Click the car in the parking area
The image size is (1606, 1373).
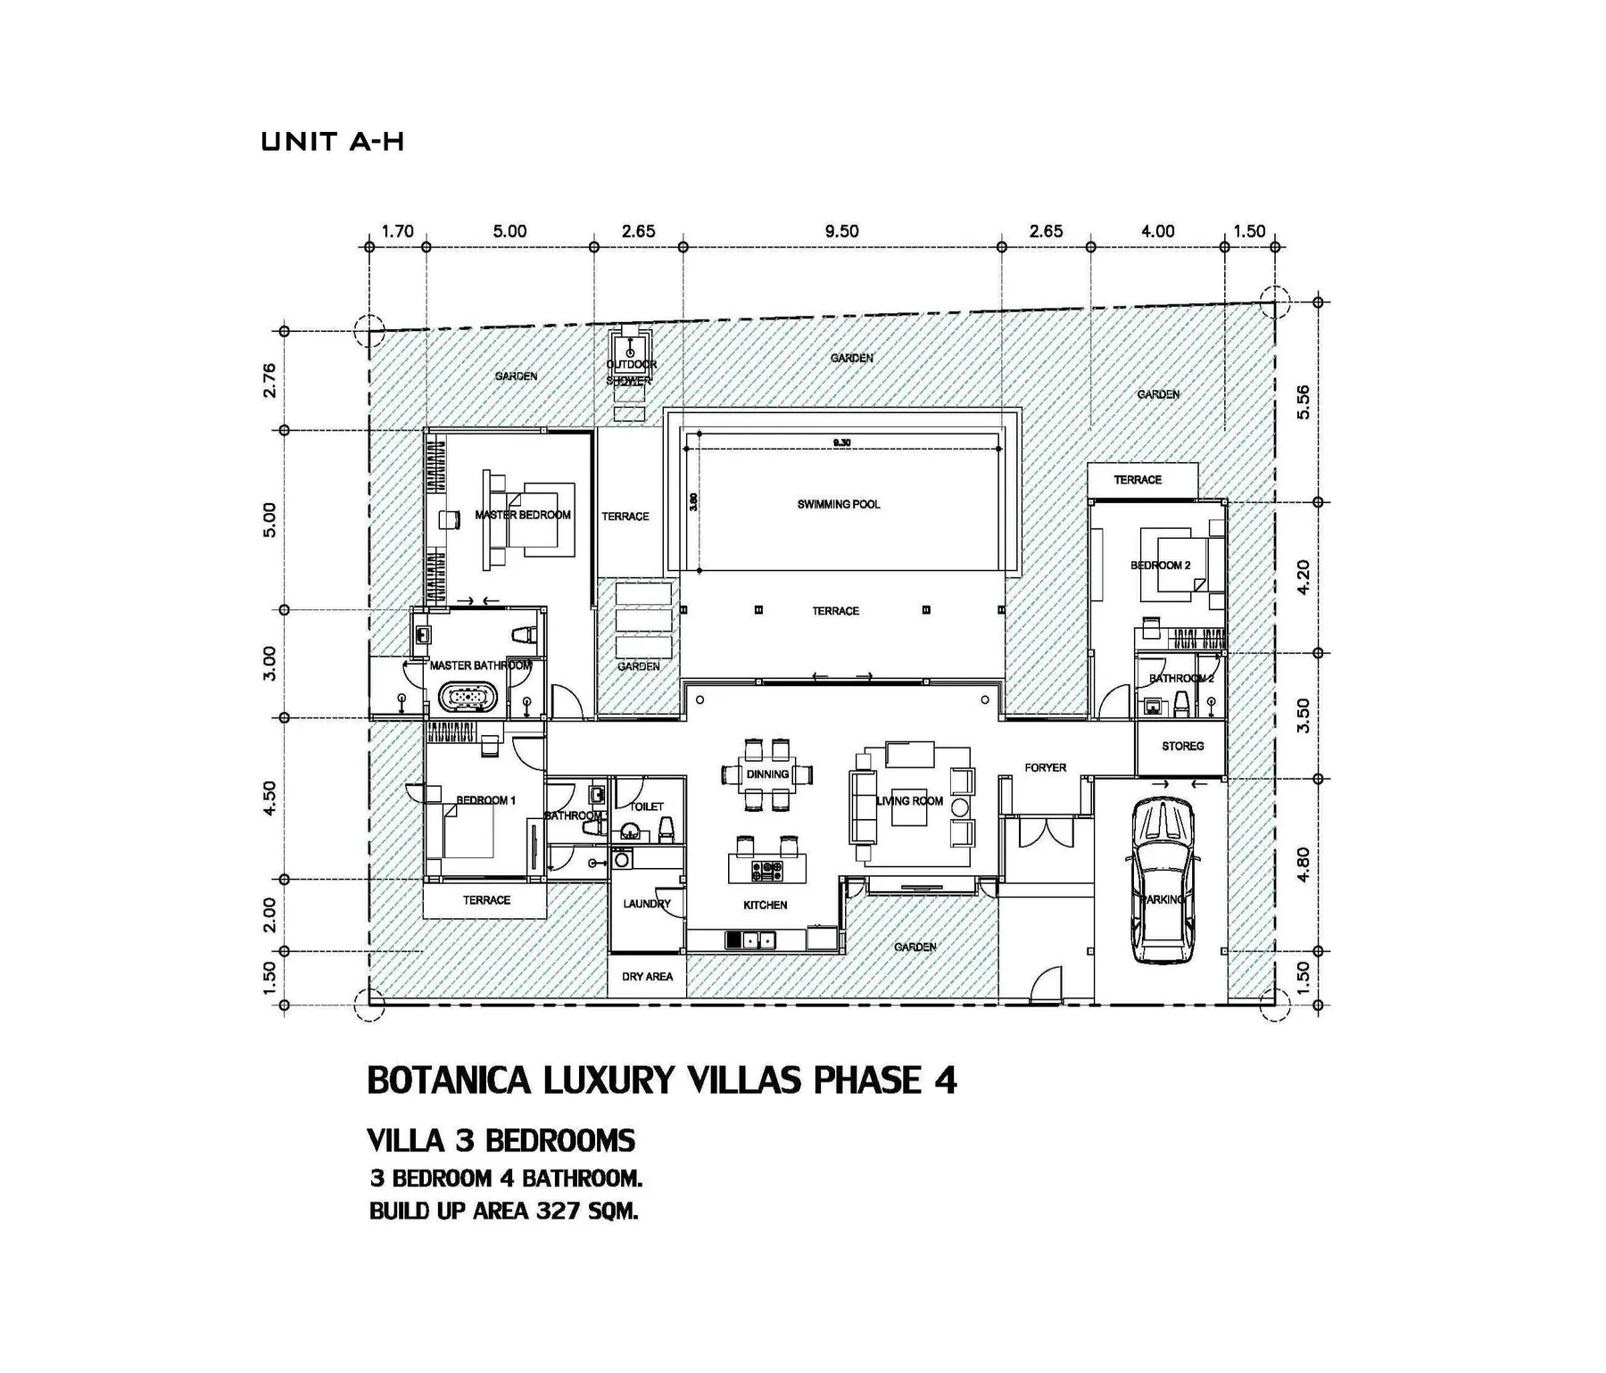tap(1163, 881)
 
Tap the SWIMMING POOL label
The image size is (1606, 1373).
tap(838, 504)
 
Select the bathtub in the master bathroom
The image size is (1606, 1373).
tap(467, 697)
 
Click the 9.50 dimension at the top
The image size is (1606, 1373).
tap(841, 231)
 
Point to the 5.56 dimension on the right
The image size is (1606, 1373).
tap(1304, 401)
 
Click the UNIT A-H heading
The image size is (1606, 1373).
tap(333, 142)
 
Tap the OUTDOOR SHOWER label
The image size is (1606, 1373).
tap(631, 372)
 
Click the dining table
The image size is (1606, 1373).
tap(767, 774)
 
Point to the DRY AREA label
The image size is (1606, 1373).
tap(647, 976)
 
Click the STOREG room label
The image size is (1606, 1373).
tap(1182, 746)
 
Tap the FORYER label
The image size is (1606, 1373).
tap(1045, 767)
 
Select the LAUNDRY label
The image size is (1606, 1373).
tap(647, 904)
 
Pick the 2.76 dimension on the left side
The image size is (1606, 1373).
tap(269, 380)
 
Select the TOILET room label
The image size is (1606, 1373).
tap(647, 806)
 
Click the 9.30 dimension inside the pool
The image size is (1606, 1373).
tap(841, 443)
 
